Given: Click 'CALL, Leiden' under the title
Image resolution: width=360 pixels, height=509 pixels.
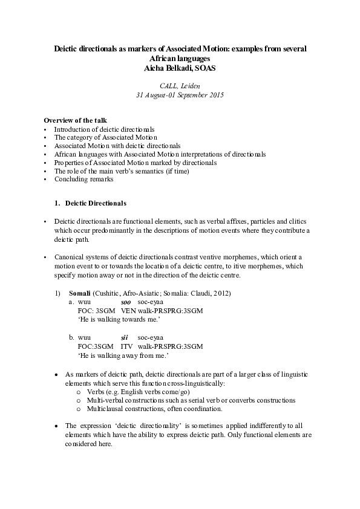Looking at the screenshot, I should coord(180,86).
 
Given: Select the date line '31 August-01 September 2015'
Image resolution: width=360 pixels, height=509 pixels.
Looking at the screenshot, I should coord(180,96).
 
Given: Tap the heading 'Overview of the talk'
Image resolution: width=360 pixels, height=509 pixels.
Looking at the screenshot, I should coord(76,120).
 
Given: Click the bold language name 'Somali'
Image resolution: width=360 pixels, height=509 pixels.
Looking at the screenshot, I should coord(80,293).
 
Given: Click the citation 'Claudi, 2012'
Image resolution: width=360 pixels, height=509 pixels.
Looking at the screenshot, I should coord(214,293).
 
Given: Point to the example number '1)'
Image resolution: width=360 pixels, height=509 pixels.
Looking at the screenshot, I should coord(58,293).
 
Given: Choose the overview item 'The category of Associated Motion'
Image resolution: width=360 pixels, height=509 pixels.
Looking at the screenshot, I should coord(97,137).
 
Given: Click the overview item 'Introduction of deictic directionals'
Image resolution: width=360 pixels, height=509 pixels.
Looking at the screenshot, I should coord(104,129).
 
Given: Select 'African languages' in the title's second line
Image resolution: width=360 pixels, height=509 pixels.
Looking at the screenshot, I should coord(180,59).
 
